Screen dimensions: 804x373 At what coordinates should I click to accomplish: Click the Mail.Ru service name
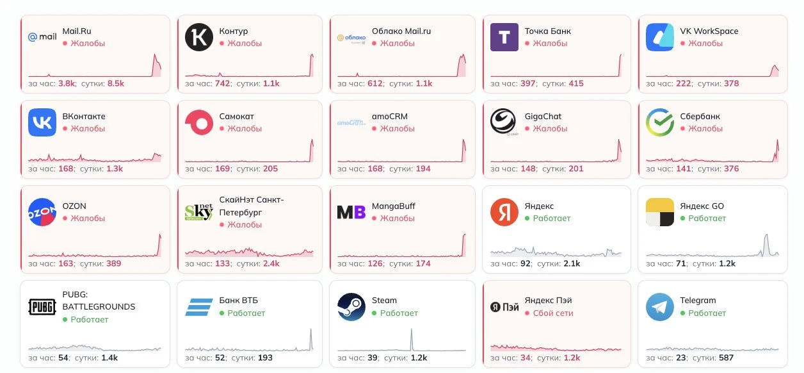click(77, 31)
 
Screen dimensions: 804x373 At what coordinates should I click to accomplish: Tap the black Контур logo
click(199, 37)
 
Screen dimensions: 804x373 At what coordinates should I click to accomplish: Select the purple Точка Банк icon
click(504, 37)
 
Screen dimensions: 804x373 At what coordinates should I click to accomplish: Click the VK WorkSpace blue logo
click(660, 37)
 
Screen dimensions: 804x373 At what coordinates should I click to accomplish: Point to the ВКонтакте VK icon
click(42, 122)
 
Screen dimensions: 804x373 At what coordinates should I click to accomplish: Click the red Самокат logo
click(199, 122)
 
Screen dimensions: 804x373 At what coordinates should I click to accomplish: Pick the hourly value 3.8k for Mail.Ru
click(67, 83)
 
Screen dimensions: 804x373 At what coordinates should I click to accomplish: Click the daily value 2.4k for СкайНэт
click(271, 263)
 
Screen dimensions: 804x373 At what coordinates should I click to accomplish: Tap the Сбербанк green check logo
click(660, 122)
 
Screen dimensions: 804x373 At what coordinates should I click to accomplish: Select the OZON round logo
click(42, 212)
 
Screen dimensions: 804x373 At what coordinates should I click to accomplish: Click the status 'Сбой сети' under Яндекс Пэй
click(553, 313)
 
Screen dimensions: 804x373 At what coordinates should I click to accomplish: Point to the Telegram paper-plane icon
click(660, 307)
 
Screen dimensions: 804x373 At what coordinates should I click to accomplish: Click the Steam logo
click(351, 307)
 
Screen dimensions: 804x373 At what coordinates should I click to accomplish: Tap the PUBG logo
click(42, 307)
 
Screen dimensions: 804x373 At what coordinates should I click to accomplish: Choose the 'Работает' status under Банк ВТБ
click(246, 313)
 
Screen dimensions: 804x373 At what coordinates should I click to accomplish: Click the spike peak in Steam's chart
click(412, 329)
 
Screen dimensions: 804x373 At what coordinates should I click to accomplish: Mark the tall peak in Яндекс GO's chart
click(766, 235)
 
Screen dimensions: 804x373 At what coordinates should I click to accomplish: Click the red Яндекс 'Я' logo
click(504, 212)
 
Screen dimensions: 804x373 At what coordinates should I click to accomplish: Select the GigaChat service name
click(543, 117)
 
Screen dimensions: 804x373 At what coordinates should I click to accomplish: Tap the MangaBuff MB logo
click(351, 212)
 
